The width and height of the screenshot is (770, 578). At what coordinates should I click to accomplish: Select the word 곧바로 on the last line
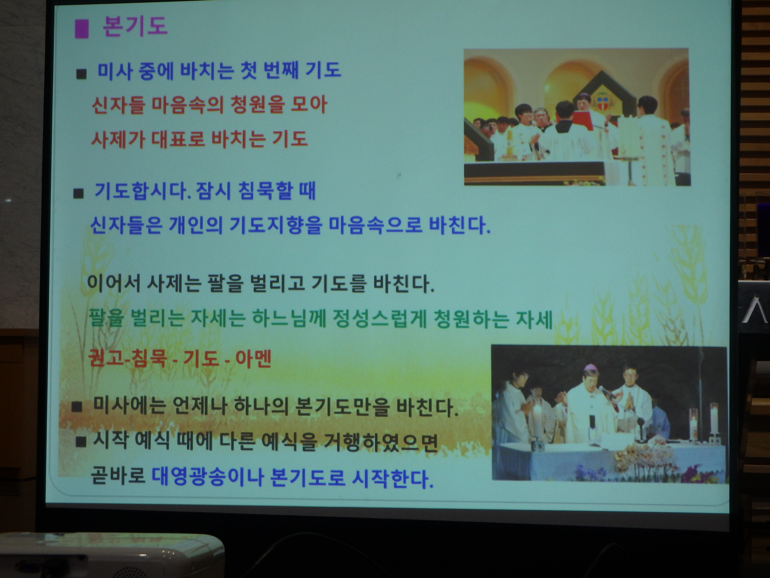[118, 476]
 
